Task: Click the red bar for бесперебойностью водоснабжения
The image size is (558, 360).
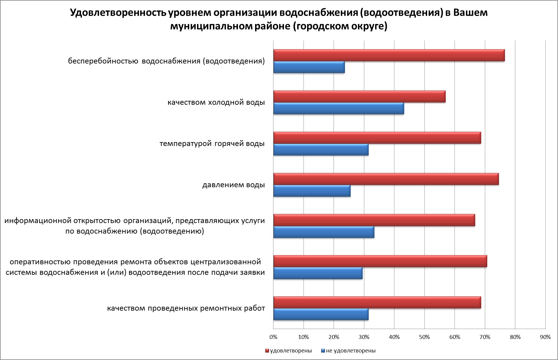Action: [389, 55]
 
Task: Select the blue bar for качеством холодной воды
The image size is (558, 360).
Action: [338, 108]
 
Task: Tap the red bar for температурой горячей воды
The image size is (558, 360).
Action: [377, 138]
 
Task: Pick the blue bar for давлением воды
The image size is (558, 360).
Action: [312, 191]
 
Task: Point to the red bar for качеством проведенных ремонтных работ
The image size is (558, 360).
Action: [377, 303]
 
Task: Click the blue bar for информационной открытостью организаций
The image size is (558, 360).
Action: [324, 232]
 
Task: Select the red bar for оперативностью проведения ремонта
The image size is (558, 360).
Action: [380, 261]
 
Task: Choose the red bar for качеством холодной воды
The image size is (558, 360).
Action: [359, 97]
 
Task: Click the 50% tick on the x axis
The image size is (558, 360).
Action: [424, 337]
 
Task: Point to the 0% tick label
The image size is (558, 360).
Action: [273, 337]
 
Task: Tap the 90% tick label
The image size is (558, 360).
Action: [545, 337]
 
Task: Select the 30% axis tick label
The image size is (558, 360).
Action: [364, 337]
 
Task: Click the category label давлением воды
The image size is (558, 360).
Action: [233, 185]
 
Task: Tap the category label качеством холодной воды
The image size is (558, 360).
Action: [216, 102]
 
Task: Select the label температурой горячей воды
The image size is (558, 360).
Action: [212, 144]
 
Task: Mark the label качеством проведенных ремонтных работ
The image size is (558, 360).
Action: [186, 309]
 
